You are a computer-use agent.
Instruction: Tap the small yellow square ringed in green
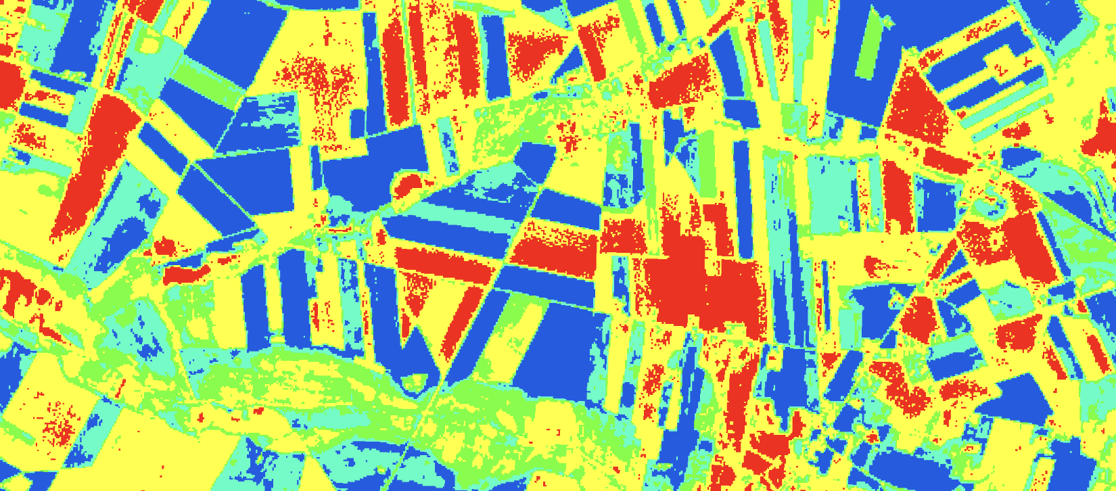152,45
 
